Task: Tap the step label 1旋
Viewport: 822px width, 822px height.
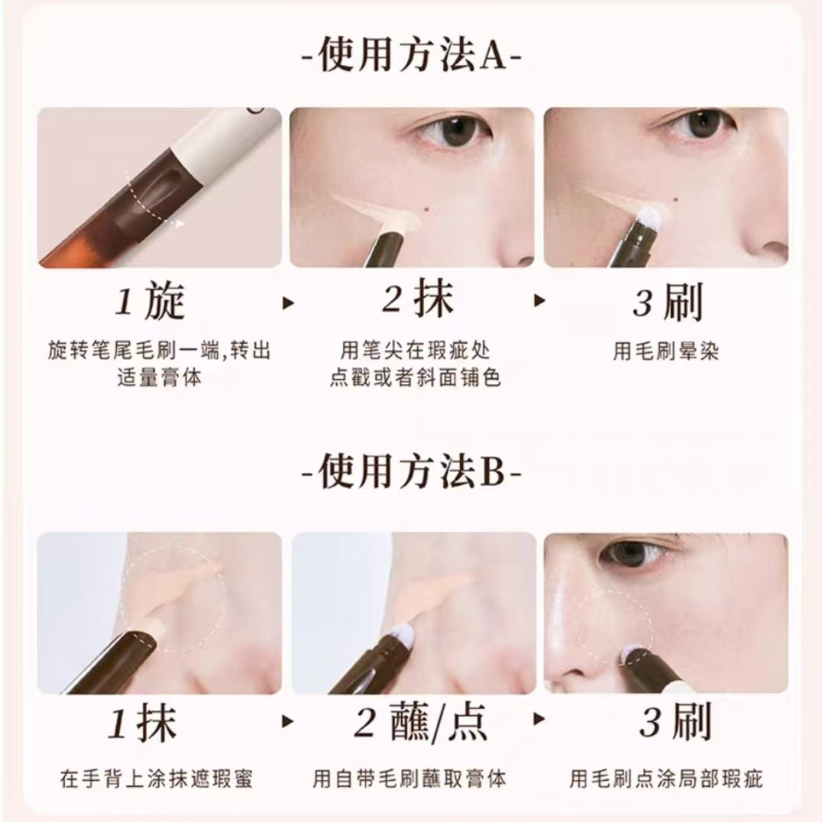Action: [151, 303]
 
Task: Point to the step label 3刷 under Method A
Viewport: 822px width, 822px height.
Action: [667, 303]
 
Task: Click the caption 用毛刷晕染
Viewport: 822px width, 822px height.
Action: [666, 351]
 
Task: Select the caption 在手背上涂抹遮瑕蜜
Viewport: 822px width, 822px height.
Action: [157, 779]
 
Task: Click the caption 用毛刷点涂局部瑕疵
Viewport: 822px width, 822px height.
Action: [666, 779]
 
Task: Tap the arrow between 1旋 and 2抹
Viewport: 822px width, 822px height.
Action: [288, 303]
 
